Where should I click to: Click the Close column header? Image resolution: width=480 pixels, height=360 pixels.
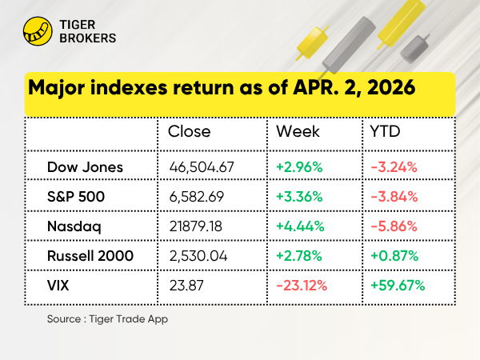(x=190, y=131)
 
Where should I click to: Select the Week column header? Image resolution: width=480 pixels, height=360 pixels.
(x=298, y=131)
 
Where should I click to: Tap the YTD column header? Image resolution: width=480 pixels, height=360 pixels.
(x=386, y=131)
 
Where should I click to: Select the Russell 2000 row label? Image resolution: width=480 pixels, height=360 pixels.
(x=90, y=255)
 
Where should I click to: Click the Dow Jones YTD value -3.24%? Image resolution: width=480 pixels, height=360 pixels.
(x=394, y=167)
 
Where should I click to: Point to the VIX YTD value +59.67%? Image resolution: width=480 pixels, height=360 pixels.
(x=398, y=285)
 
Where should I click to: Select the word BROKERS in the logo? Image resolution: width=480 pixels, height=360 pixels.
(x=88, y=38)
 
